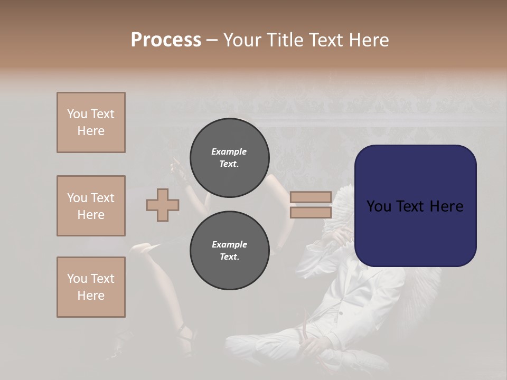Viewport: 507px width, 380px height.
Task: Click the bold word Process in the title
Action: click(166, 40)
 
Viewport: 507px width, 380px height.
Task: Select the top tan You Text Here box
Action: click(91, 122)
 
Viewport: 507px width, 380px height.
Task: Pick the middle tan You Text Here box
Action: click(91, 206)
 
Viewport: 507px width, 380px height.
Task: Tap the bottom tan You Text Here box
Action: click(91, 287)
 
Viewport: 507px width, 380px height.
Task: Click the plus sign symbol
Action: click(163, 205)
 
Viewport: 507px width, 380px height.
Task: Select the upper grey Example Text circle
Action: click(229, 158)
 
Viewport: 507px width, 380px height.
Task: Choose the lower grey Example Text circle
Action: click(229, 251)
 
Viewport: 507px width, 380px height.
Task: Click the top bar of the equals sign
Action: click(311, 197)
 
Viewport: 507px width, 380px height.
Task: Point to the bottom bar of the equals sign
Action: click(311, 213)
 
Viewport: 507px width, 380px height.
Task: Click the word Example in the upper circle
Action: click(229, 151)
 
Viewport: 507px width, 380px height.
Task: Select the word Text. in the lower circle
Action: click(229, 257)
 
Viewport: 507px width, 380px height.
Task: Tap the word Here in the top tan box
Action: click(91, 131)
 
